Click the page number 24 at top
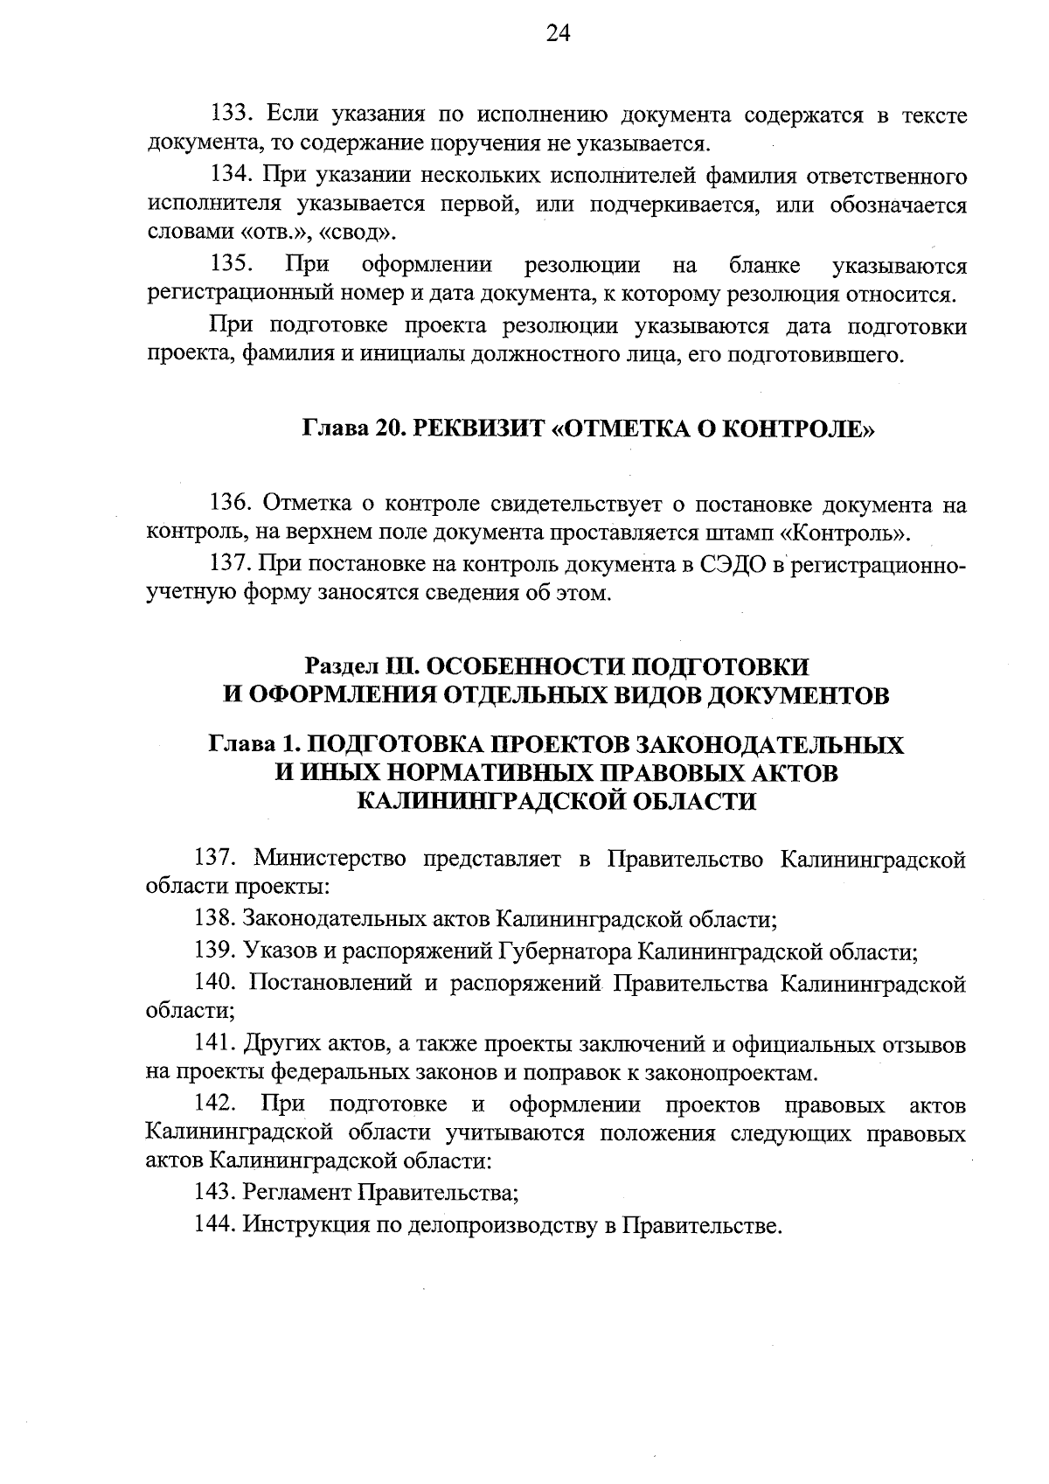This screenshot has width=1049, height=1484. pyautogui.click(x=558, y=34)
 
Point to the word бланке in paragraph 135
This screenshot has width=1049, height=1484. pyautogui.click(x=760, y=265)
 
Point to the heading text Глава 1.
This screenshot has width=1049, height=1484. pyautogui.click(x=252, y=744)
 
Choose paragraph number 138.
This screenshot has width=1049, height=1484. pyautogui.click(x=214, y=918)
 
